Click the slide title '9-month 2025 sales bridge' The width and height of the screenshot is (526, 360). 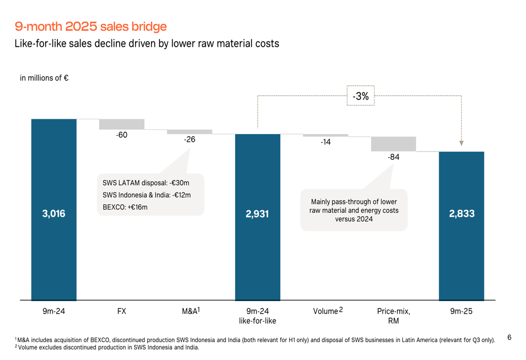(x=90, y=26)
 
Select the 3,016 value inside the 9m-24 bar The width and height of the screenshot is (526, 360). (x=54, y=214)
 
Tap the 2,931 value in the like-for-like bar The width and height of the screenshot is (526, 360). (x=257, y=214)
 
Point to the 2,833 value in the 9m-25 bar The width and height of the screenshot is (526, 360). (x=461, y=214)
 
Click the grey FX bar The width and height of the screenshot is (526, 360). (x=122, y=124)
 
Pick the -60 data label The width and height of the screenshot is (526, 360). (x=122, y=136)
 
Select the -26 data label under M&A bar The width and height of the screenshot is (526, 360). (x=189, y=140)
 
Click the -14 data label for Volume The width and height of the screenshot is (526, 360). (x=326, y=142)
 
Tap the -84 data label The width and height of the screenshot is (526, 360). (x=393, y=157)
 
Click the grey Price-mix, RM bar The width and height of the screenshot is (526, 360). (x=393, y=144)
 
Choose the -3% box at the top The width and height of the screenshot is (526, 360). (x=360, y=96)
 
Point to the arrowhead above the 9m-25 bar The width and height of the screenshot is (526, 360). (x=461, y=143)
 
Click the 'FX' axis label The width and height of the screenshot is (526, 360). (x=122, y=311)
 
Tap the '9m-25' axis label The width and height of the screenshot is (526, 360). (x=461, y=311)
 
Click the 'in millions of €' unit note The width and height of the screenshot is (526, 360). (x=44, y=78)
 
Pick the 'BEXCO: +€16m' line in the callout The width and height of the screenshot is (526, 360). (x=125, y=208)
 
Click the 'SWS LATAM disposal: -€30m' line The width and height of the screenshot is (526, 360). (x=146, y=183)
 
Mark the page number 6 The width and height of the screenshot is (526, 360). (x=509, y=337)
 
